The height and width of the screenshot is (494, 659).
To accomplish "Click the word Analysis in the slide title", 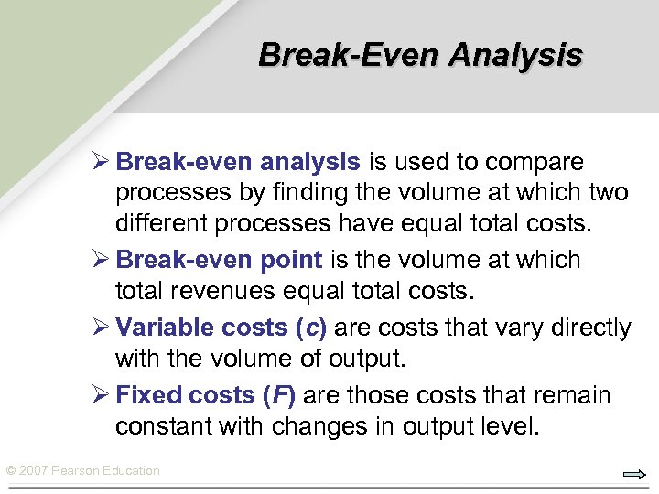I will (516, 55).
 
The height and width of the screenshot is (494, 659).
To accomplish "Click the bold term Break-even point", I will (219, 260).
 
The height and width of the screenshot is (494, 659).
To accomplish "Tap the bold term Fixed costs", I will (185, 395).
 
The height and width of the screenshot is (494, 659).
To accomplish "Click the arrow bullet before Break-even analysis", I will (101, 163).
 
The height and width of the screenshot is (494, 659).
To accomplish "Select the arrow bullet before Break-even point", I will (101, 260).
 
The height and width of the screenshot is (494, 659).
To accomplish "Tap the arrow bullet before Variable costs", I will (101, 328).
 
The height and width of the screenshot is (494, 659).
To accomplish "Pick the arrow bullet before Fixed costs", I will (101, 395).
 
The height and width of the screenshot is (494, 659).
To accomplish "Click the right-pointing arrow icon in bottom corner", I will (634, 474).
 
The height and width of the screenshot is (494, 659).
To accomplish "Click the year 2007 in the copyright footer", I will (34, 471).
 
